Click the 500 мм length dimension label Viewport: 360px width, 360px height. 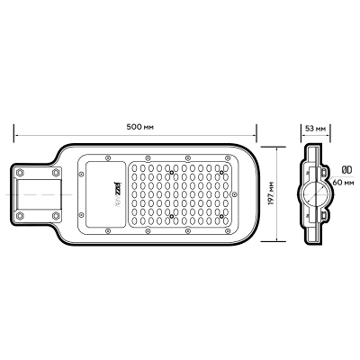[x=140, y=127]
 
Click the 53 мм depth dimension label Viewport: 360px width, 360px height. [x=315, y=129]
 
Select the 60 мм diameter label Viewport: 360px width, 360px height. [x=344, y=183]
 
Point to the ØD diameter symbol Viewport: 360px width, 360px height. [x=346, y=171]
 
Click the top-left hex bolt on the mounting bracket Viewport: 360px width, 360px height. [x=20, y=173]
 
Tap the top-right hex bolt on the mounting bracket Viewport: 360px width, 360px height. [x=56, y=173]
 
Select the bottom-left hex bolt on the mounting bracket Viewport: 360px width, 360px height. [x=20, y=215]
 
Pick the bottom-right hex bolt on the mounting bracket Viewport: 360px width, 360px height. [x=56, y=215]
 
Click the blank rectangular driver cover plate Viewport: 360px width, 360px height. [x=106, y=194]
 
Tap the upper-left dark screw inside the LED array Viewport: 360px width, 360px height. [x=171, y=173]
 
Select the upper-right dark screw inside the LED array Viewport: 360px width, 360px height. [x=221, y=173]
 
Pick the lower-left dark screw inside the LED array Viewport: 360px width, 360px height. [x=171, y=216]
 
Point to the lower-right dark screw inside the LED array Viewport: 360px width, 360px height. [x=221, y=216]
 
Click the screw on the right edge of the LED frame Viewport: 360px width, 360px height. [x=235, y=194]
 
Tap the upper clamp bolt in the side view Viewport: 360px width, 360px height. [x=325, y=172]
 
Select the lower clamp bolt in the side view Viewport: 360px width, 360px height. [x=325, y=215]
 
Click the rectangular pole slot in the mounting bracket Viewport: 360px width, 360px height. [x=39, y=194]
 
